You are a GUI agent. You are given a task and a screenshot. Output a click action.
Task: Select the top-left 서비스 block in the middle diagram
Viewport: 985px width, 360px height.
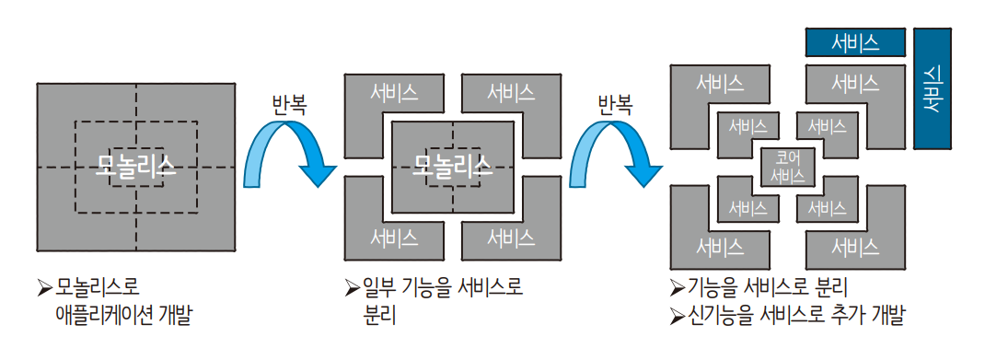pos(394,92)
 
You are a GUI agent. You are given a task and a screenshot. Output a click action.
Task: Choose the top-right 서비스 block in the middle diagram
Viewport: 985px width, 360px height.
pos(511,92)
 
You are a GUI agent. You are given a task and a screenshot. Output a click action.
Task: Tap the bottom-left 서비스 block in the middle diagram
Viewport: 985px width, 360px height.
pos(394,238)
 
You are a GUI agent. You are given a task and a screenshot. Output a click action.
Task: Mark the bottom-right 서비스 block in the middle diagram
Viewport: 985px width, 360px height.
pos(511,238)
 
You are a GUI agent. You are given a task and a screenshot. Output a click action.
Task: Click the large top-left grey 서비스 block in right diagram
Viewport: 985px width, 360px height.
pos(720,85)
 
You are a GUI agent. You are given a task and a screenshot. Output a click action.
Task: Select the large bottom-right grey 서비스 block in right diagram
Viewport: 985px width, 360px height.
pos(855,247)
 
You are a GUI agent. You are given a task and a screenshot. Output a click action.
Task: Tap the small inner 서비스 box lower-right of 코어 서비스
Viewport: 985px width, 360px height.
pos(826,209)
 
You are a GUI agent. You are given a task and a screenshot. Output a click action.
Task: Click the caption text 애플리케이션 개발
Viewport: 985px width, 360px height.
pos(125,316)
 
